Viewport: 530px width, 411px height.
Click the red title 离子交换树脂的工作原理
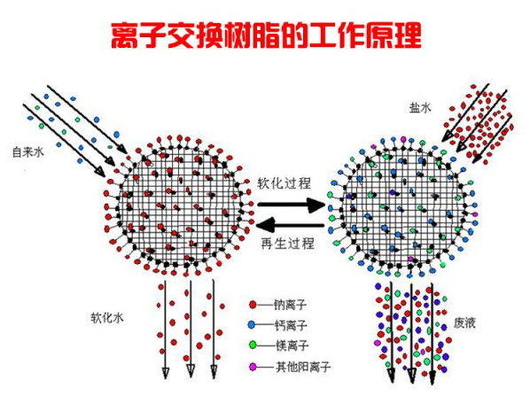pyautogui.click(x=266, y=35)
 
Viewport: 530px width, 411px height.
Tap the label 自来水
pyautogui.click(x=28, y=152)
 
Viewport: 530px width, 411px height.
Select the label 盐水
pyautogui.click(x=420, y=108)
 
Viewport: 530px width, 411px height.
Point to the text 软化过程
pyautogui.click(x=284, y=183)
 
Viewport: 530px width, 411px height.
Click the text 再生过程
pyautogui.click(x=288, y=244)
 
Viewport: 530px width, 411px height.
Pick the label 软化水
pyautogui.click(x=107, y=317)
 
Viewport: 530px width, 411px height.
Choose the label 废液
pyautogui.click(x=464, y=322)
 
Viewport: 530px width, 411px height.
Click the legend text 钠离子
pyautogui.click(x=291, y=305)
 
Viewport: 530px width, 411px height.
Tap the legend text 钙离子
pyautogui.click(x=291, y=325)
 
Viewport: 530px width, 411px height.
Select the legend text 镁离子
pyautogui.click(x=292, y=345)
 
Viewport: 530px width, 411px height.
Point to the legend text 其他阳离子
pyautogui.click(x=303, y=367)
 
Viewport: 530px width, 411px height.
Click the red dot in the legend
pyautogui.click(x=253, y=305)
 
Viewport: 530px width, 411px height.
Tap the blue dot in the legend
pyautogui.click(x=251, y=325)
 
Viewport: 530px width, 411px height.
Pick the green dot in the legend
pyautogui.click(x=253, y=345)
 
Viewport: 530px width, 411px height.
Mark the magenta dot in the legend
pyautogui.click(x=253, y=367)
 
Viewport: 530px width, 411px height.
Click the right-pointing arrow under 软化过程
pyautogui.click(x=291, y=205)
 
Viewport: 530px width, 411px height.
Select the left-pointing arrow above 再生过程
pyautogui.click(x=291, y=225)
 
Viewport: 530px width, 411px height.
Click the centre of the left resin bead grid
pyautogui.click(x=179, y=206)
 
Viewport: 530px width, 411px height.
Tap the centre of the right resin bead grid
pyautogui.click(x=402, y=206)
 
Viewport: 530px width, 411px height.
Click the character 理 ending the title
pyautogui.click(x=408, y=35)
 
